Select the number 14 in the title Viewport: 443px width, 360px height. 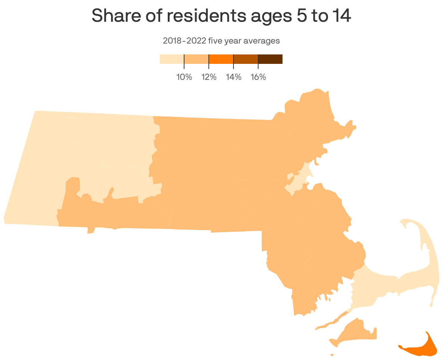click(x=342, y=16)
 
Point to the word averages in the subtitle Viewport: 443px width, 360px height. click(x=261, y=41)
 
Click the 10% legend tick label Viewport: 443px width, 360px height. click(x=184, y=77)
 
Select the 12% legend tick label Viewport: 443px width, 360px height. click(x=209, y=77)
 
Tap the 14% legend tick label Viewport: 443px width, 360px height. click(x=233, y=77)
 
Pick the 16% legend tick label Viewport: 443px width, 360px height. click(x=258, y=77)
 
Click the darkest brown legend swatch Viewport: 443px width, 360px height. click(x=270, y=59)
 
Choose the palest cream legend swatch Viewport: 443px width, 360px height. click(x=172, y=59)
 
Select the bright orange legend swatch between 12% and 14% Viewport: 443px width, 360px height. click(x=221, y=59)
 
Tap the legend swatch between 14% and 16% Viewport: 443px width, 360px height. click(x=245, y=59)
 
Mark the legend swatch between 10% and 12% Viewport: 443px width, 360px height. click(x=196, y=59)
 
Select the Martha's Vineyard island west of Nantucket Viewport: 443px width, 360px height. click(x=354, y=332)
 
